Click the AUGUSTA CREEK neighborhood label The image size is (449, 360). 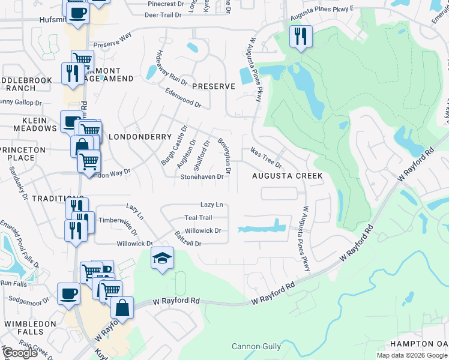tap(287, 176)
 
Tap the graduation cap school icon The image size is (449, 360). tap(162, 258)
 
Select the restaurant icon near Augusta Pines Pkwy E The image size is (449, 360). tap(300, 37)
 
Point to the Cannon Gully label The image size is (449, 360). tap(256, 346)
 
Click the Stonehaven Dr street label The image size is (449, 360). tap(202, 177)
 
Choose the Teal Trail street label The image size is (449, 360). tap(198, 218)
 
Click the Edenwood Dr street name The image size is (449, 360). tap(183, 97)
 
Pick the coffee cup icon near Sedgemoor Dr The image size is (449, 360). tap(68, 294)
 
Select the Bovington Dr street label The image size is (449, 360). tap(224, 152)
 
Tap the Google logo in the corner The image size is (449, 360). tap(20, 353)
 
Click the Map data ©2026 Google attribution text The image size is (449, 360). tap(412, 355)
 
